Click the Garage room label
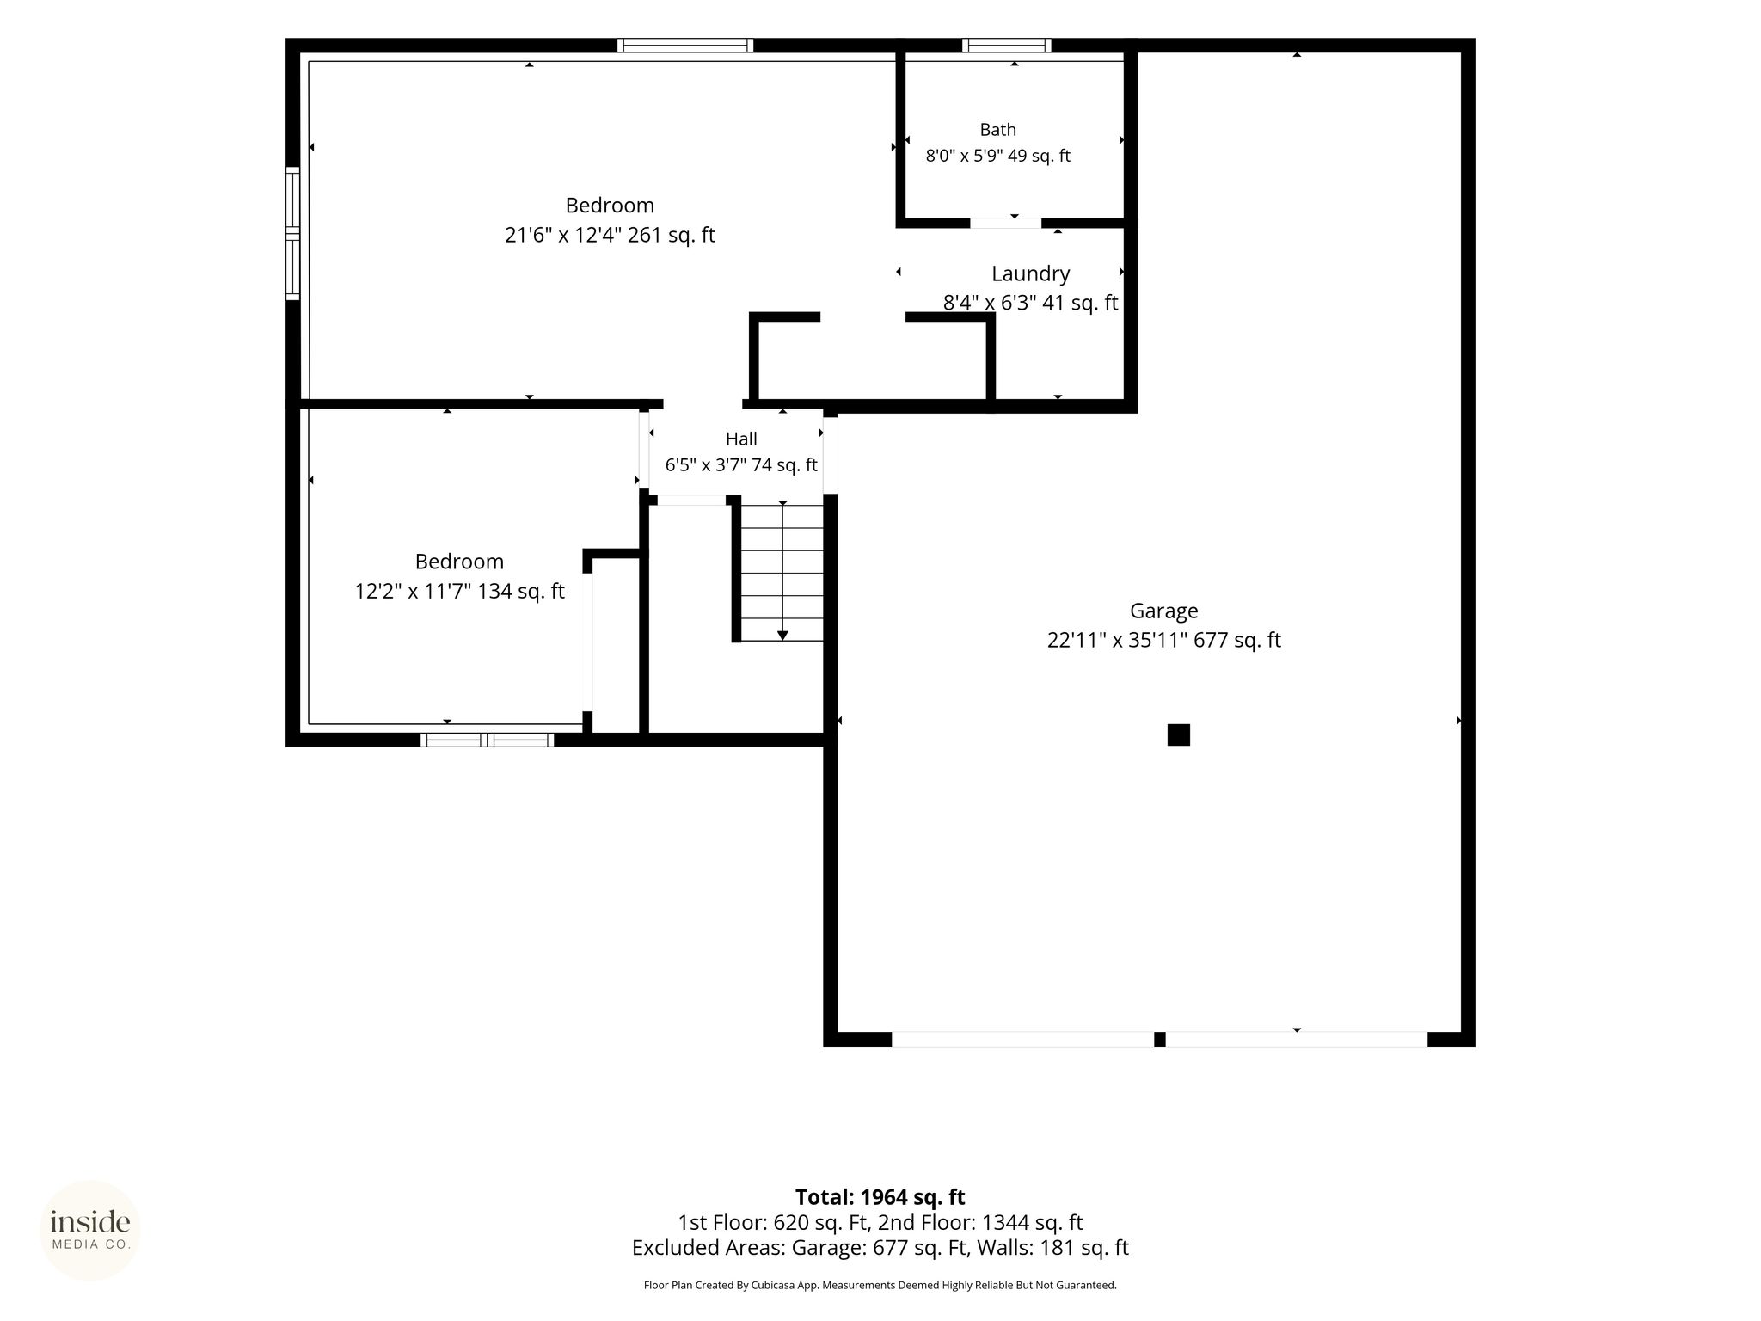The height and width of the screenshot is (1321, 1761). tap(1163, 611)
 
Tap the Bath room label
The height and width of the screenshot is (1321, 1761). tap(997, 130)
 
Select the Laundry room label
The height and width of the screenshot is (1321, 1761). tap(1030, 273)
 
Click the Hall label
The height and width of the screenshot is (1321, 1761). tap(741, 439)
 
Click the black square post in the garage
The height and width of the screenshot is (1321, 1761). tap(1178, 734)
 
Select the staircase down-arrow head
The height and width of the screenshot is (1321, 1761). tap(782, 636)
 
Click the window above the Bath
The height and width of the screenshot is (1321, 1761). tap(1006, 46)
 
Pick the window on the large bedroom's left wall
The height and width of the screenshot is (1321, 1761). tap(293, 233)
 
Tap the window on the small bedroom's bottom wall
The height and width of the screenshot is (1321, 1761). tap(488, 740)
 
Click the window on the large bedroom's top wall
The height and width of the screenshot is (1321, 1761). tap(685, 46)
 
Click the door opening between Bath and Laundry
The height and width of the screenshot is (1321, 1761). tap(1005, 224)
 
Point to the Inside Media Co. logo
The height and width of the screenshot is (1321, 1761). tap(90, 1230)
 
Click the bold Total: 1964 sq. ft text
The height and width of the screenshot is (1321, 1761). tap(880, 1197)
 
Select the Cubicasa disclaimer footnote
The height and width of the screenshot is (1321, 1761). tap(880, 1285)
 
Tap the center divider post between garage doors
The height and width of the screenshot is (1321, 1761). tap(1159, 1039)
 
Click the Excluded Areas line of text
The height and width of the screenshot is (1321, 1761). tap(880, 1247)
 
